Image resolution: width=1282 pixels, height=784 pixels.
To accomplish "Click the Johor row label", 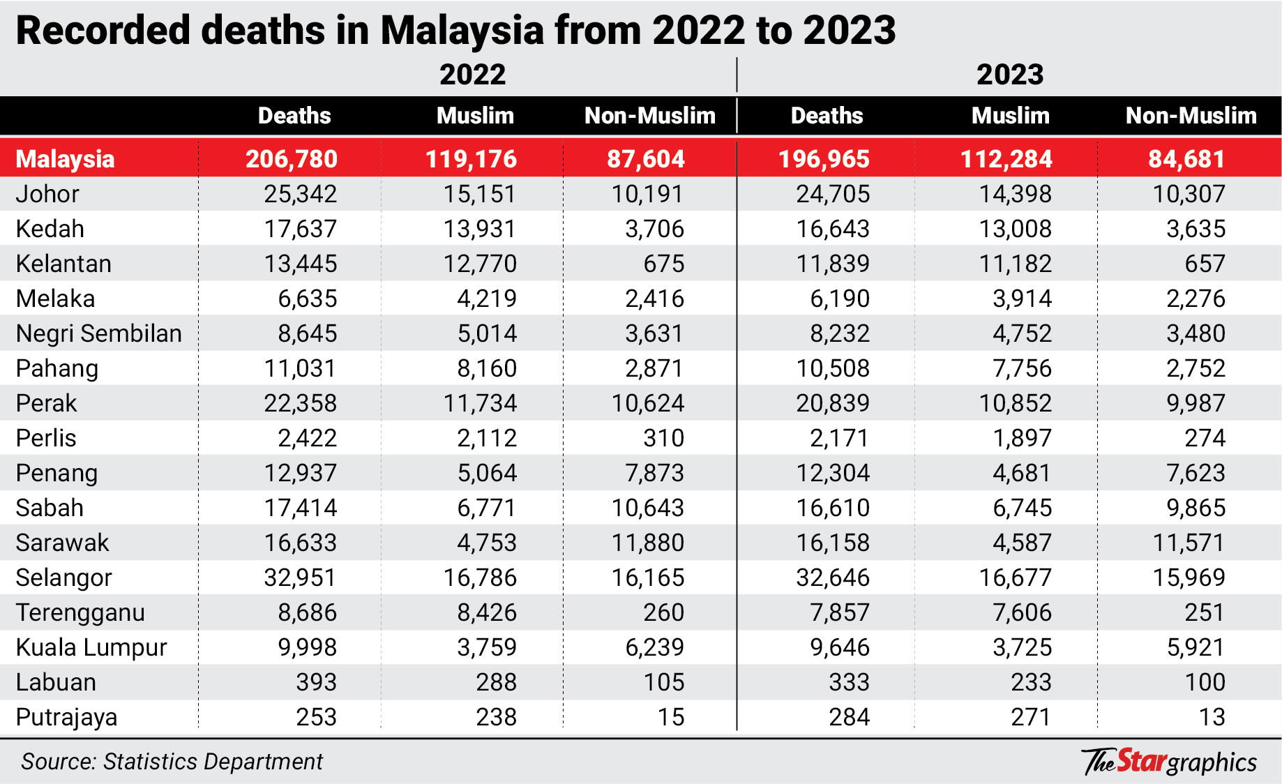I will click(47, 194).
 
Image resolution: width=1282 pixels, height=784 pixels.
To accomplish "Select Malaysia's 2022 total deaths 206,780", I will click(292, 159).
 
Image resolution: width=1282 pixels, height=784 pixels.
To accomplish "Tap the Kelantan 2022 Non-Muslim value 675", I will click(663, 264).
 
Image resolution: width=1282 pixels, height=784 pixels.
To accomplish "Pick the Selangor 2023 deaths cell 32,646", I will click(833, 578).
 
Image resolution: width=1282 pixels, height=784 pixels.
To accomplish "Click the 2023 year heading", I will click(1009, 75).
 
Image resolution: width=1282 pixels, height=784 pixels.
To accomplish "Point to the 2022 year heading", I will click(472, 75).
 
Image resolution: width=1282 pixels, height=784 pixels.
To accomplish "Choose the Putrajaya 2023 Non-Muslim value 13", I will click(1212, 717).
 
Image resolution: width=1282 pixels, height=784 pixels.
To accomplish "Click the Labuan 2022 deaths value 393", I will click(316, 682).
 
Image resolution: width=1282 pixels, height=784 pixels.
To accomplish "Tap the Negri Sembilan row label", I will click(98, 333).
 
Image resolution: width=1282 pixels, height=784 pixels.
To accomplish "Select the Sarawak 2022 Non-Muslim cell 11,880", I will click(648, 543).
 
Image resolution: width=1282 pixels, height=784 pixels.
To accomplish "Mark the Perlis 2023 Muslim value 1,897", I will click(1022, 438).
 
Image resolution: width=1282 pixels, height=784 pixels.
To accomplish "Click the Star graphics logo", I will click(1169, 762).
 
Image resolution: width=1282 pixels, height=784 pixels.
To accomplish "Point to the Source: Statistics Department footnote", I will click(172, 762).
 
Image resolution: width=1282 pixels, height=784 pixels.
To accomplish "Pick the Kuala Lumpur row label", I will click(91, 647).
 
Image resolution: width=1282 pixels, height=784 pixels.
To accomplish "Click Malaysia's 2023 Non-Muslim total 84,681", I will click(1186, 159).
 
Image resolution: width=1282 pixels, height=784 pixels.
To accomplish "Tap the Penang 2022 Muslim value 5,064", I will click(487, 473).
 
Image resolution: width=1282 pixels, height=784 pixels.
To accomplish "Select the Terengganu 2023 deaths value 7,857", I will click(840, 612).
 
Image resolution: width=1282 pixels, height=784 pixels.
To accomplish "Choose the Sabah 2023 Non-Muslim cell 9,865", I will click(1196, 508).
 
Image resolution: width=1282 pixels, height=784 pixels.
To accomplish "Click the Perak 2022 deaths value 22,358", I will click(300, 403).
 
